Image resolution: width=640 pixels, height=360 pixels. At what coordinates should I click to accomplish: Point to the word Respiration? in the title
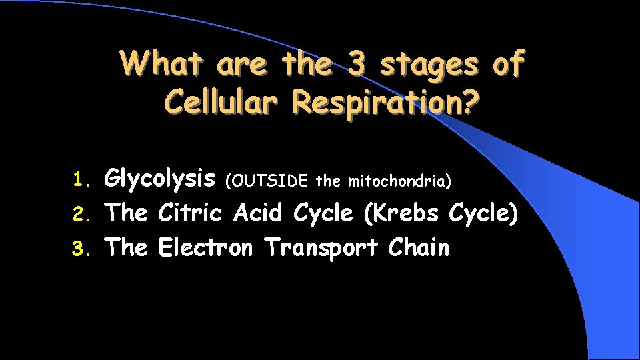(x=380, y=103)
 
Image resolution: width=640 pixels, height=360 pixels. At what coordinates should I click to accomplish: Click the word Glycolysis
(x=160, y=179)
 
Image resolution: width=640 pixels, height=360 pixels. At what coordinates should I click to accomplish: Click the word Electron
(x=205, y=247)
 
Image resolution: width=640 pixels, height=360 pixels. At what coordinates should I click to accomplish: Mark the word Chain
(x=419, y=247)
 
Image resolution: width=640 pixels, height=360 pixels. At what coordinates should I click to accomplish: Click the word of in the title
(x=508, y=65)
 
